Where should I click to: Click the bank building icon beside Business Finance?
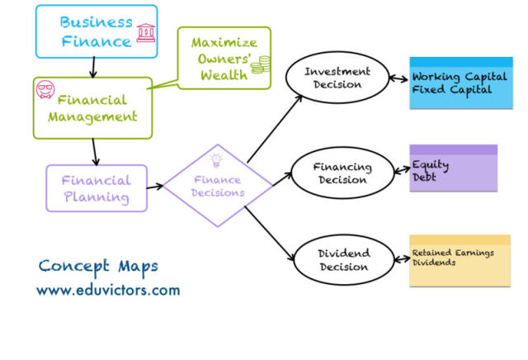click(x=146, y=33)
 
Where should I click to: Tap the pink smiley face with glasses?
click(x=45, y=89)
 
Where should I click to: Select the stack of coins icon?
click(x=261, y=64)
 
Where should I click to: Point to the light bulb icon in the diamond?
click(x=216, y=160)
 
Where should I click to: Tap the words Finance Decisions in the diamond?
click(x=218, y=186)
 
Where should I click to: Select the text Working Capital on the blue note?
click(x=460, y=77)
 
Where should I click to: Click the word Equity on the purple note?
click(x=431, y=165)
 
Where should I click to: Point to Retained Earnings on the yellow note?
click(x=453, y=253)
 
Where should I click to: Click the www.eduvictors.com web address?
click(x=108, y=290)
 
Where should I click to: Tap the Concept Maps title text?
click(x=98, y=267)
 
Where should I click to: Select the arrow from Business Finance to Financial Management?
click(x=93, y=67)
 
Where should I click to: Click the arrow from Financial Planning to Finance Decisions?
click(x=154, y=187)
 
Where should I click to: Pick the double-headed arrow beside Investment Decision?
click(x=398, y=79)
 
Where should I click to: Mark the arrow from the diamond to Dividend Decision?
click(x=270, y=233)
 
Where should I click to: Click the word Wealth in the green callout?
click(x=224, y=75)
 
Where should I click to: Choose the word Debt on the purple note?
click(x=424, y=177)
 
